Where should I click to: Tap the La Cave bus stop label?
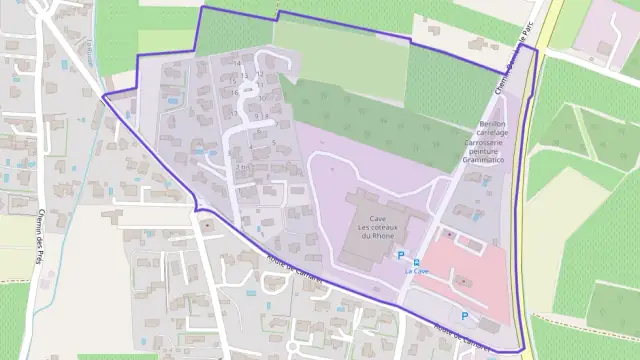click(x=417, y=271)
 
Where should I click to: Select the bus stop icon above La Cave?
click(x=417, y=260)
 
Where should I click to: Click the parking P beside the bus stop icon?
click(x=401, y=257)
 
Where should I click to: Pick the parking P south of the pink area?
click(x=464, y=315)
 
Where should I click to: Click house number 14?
click(x=237, y=63)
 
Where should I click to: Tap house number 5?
click(x=274, y=143)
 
